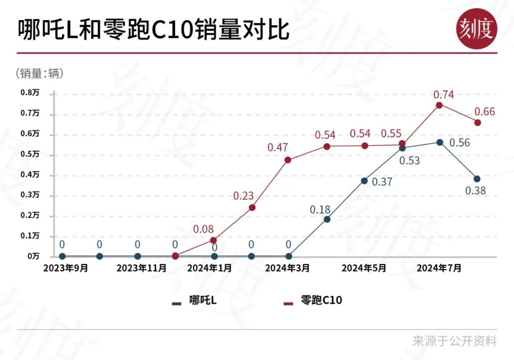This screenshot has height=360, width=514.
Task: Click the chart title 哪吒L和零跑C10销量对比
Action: (153, 30)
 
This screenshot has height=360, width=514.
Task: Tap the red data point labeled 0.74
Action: (439, 105)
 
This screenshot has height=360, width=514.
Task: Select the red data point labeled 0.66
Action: (477, 122)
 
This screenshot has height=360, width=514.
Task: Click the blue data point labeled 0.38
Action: (477, 179)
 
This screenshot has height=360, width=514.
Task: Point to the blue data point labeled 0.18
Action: (327, 219)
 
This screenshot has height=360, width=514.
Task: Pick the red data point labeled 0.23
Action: (252, 208)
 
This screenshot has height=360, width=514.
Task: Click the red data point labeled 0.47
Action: (288, 160)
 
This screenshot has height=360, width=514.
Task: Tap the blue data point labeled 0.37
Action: (364, 180)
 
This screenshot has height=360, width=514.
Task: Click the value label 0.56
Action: (459, 143)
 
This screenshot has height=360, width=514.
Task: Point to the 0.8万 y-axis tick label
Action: (30, 93)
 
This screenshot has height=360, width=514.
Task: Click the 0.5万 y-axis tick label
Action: (30, 154)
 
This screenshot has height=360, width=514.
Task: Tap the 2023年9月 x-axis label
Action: (66, 268)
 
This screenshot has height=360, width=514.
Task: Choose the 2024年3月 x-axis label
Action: (287, 268)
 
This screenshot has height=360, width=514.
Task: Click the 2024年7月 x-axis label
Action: (439, 268)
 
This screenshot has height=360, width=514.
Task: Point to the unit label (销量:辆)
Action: (40, 73)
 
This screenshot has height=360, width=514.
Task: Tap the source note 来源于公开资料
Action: (455, 341)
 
